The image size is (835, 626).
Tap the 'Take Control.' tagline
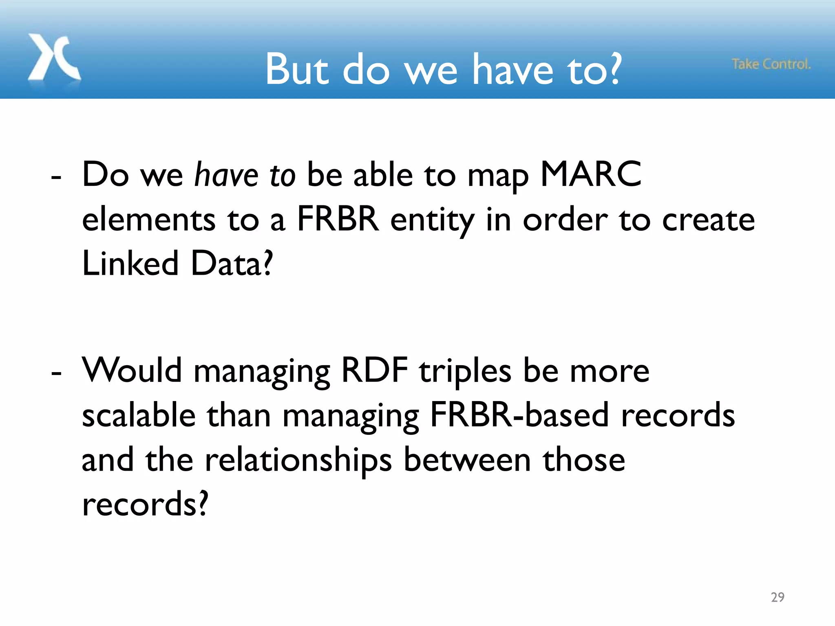click(x=771, y=64)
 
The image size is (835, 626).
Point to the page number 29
click(x=778, y=597)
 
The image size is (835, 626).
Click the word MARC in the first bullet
click(x=590, y=174)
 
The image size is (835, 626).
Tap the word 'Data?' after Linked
click(x=231, y=263)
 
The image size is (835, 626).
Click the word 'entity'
click(x=433, y=220)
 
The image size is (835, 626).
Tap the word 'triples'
click(x=465, y=372)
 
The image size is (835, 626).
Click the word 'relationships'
click(x=298, y=461)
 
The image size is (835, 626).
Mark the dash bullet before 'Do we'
click(x=56, y=178)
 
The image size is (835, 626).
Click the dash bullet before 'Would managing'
click(x=56, y=373)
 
